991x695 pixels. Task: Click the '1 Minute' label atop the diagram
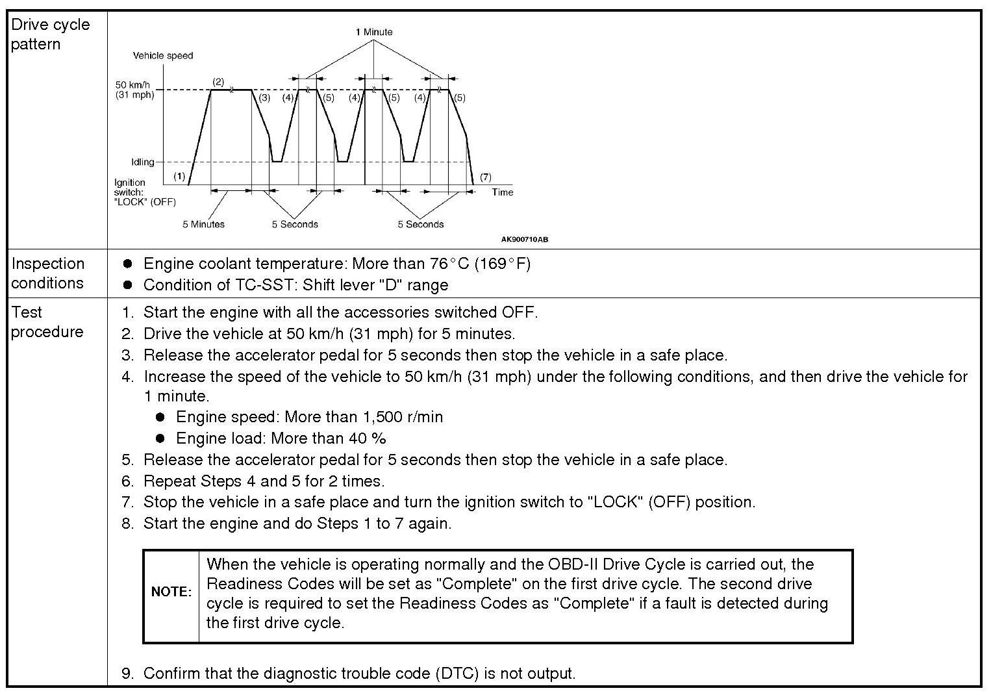pyautogui.click(x=373, y=32)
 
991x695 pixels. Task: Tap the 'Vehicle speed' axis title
pyautogui.click(x=163, y=56)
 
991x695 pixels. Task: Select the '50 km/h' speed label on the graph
pyautogui.click(x=132, y=85)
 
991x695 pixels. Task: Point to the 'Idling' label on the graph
pyautogui.click(x=142, y=162)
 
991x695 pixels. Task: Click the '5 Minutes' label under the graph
pyautogui.click(x=203, y=225)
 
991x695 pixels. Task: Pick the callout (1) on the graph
pyautogui.click(x=179, y=176)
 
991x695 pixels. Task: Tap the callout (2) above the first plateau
pyautogui.click(x=218, y=82)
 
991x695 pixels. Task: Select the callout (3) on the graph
pyautogui.click(x=264, y=98)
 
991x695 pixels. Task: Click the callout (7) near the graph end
pyautogui.click(x=485, y=177)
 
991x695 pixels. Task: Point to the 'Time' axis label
pyautogui.click(x=502, y=192)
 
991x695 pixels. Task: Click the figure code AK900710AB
pyautogui.click(x=524, y=240)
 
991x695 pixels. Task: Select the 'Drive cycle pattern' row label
pyautogui.click(x=50, y=34)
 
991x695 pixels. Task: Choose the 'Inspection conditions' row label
pyautogui.click(x=47, y=273)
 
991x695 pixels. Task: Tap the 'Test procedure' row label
pyautogui.click(x=47, y=322)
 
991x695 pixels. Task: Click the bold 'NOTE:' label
pyautogui.click(x=171, y=592)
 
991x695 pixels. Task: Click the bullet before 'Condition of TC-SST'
pyautogui.click(x=128, y=285)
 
